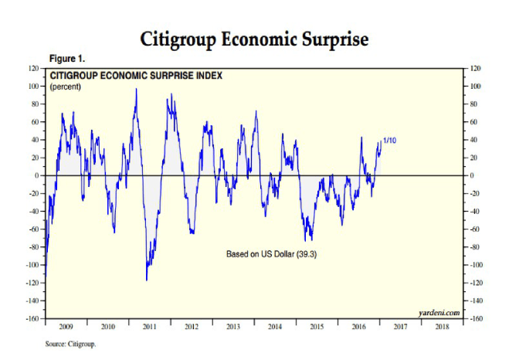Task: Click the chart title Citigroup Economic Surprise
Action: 253,39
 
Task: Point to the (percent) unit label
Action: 65,87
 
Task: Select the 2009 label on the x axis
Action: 66,328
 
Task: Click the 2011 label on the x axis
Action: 150,328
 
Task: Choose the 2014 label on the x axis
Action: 275,328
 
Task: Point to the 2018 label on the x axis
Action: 442,328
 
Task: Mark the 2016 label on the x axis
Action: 358,328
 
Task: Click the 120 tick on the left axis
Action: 34,69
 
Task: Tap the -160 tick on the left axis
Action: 32,318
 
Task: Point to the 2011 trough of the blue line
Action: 147,279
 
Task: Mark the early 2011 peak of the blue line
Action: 136,89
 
